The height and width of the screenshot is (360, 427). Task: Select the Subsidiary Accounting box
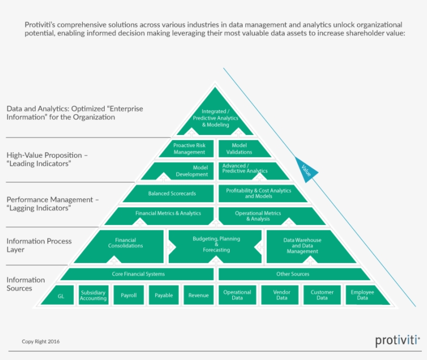(x=93, y=295)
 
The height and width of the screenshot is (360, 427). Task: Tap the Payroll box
(x=128, y=295)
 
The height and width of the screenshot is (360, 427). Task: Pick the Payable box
(x=164, y=295)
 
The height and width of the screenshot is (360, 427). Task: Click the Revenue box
(x=198, y=295)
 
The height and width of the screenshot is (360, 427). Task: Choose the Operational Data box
(x=237, y=295)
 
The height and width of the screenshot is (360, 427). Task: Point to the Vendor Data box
(x=281, y=295)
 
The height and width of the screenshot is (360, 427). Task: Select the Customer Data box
(x=322, y=295)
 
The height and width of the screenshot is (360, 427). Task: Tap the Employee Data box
(x=363, y=295)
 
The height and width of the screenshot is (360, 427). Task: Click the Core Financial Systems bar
(x=138, y=274)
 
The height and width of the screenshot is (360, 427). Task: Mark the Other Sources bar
(x=293, y=274)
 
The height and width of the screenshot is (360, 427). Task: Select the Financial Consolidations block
(x=125, y=244)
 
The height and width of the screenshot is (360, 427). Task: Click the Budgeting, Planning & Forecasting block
(x=216, y=244)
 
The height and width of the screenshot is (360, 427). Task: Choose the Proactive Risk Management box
(x=189, y=148)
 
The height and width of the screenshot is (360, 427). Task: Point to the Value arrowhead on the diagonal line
(x=306, y=169)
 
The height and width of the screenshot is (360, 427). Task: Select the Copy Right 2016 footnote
(x=41, y=342)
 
